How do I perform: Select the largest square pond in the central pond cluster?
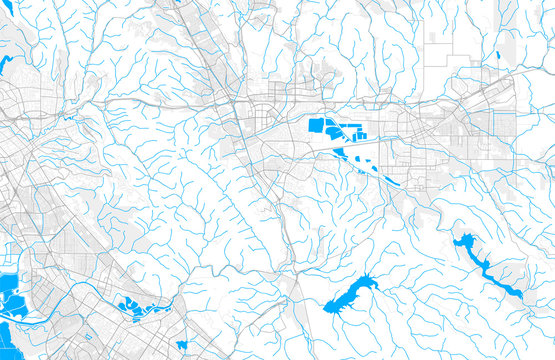317,126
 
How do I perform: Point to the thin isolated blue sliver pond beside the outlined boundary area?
497,55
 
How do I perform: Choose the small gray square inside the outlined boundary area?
434,37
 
